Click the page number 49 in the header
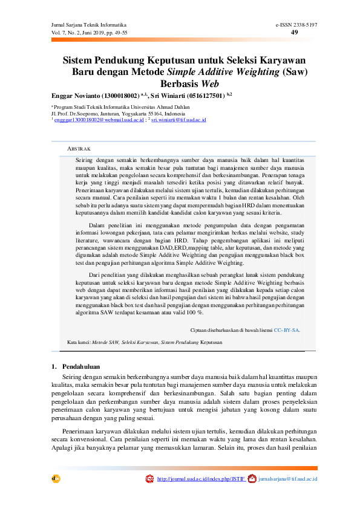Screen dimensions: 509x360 tap(295, 32)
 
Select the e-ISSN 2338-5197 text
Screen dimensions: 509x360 tap(296, 24)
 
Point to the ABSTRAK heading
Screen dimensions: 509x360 tap(79, 148)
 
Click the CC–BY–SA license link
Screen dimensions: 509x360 tap(287, 330)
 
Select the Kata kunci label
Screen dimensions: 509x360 tap(78, 342)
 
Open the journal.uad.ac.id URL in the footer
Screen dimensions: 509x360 tap(201, 479)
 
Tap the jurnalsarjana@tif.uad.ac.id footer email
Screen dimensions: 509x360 tap(287, 479)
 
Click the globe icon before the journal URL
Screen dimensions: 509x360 tap(149, 479)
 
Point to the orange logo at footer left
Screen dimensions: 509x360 tap(56, 478)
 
